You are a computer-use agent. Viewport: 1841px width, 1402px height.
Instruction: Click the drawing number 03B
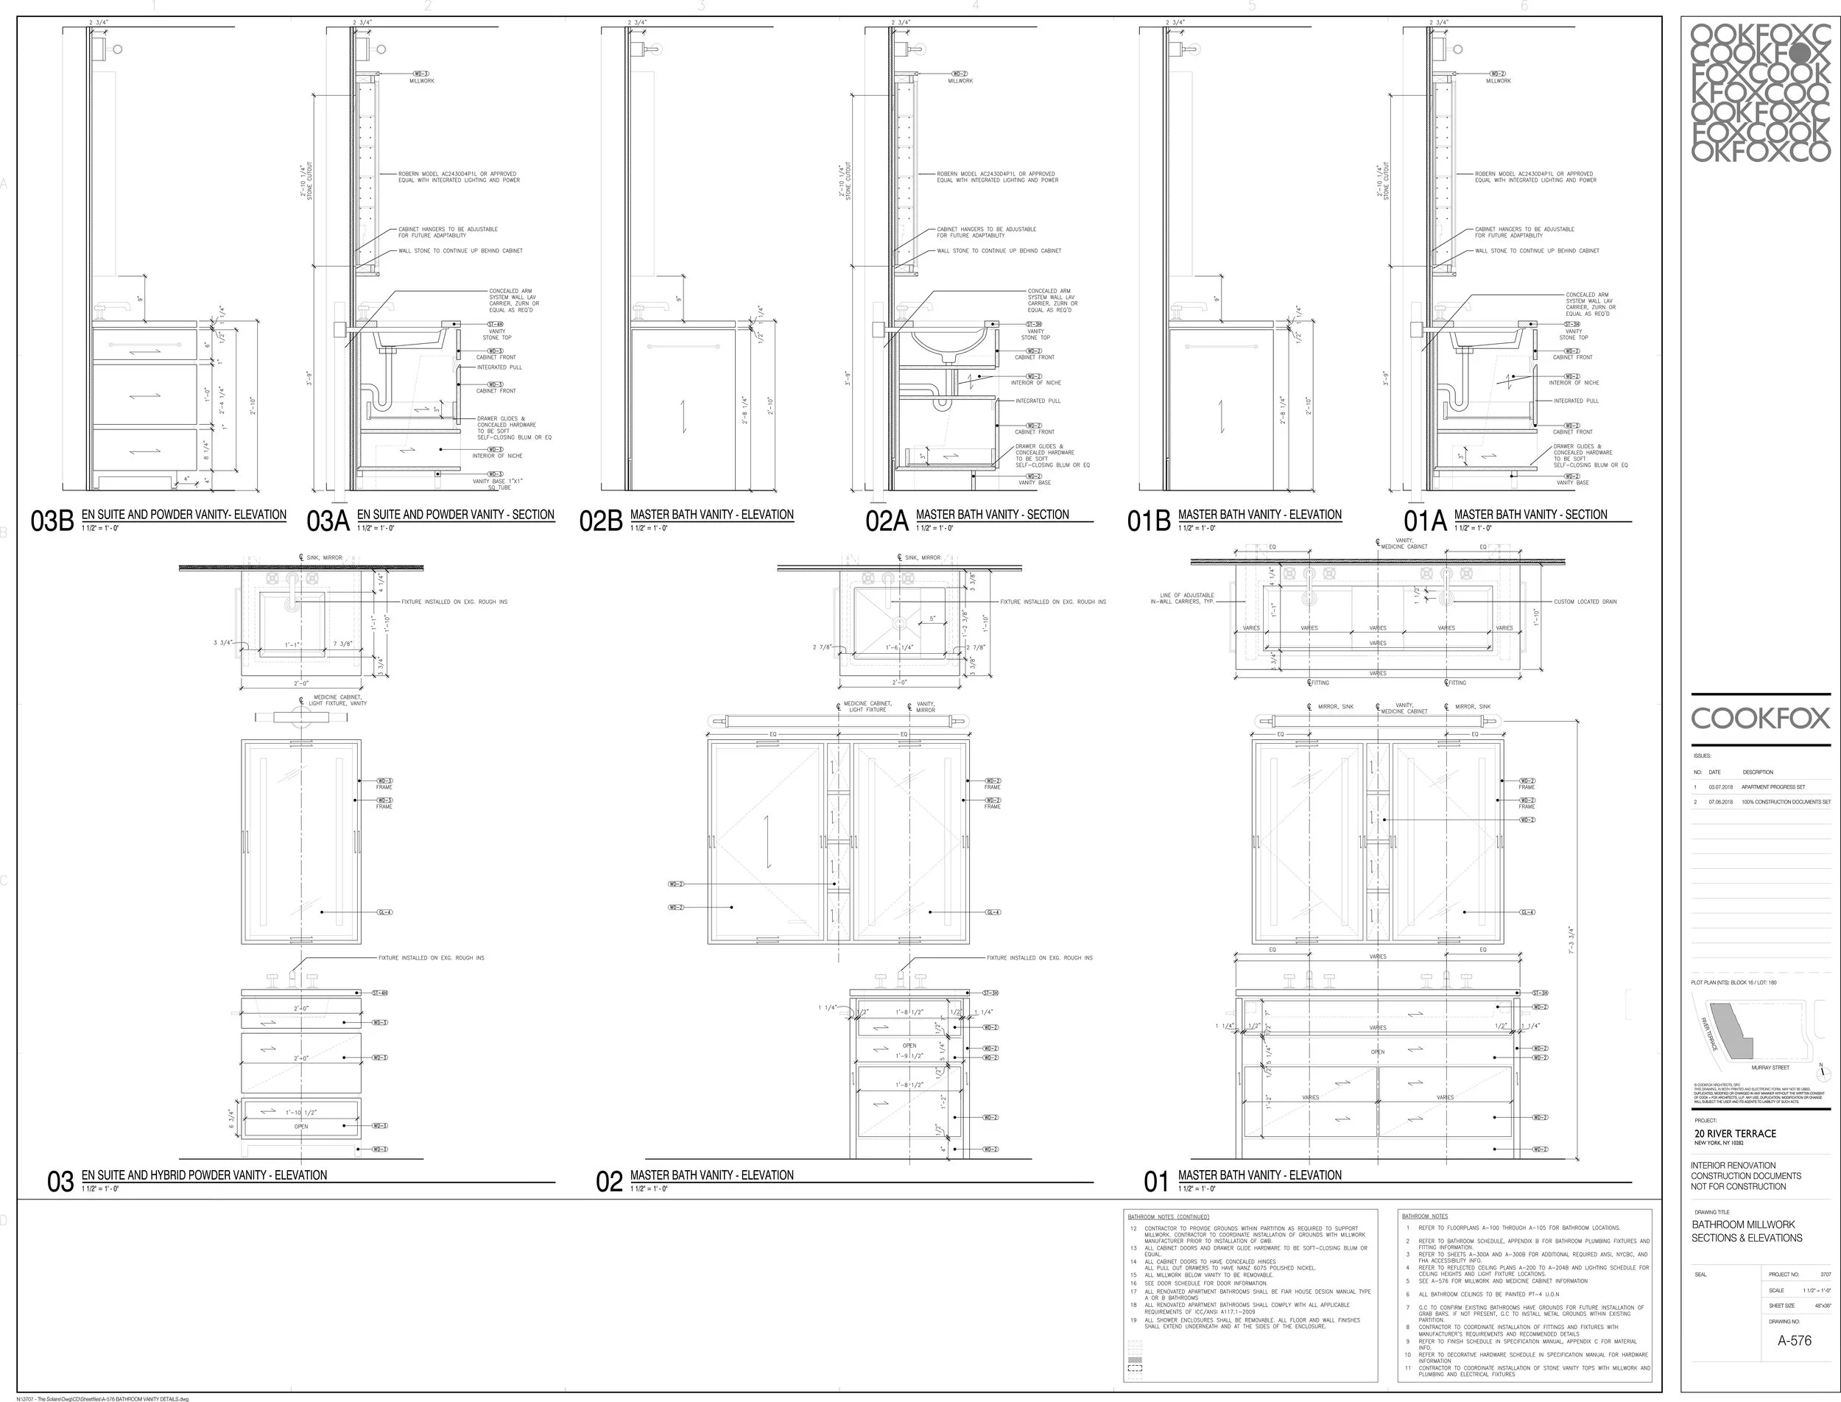click(52, 521)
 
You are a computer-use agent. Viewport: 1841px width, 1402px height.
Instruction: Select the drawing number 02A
click(887, 521)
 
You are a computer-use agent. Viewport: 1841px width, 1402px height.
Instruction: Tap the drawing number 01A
click(1424, 521)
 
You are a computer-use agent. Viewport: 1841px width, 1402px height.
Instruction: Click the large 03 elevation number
click(60, 1182)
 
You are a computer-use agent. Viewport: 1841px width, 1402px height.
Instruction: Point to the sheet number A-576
click(1795, 1340)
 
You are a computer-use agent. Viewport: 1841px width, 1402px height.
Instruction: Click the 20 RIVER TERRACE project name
click(1735, 1133)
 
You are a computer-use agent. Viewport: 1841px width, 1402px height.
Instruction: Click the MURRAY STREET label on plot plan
click(1770, 1068)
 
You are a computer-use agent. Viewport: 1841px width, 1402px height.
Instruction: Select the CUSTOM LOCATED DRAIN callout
click(1585, 602)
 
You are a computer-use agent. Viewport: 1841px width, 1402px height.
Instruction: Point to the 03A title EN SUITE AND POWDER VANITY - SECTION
click(456, 515)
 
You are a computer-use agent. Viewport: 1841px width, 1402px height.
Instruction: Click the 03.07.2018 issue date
click(1720, 787)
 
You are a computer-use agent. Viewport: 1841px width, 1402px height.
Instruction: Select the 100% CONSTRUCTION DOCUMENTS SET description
click(1786, 802)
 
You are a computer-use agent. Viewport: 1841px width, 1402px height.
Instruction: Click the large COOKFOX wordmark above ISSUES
click(1760, 718)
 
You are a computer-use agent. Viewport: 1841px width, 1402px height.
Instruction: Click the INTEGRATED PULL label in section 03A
click(499, 367)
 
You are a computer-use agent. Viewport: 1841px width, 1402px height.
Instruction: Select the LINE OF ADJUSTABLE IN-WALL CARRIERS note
click(1182, 599)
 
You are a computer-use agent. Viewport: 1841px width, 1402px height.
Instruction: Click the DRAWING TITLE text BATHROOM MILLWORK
click(1743, 1225)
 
